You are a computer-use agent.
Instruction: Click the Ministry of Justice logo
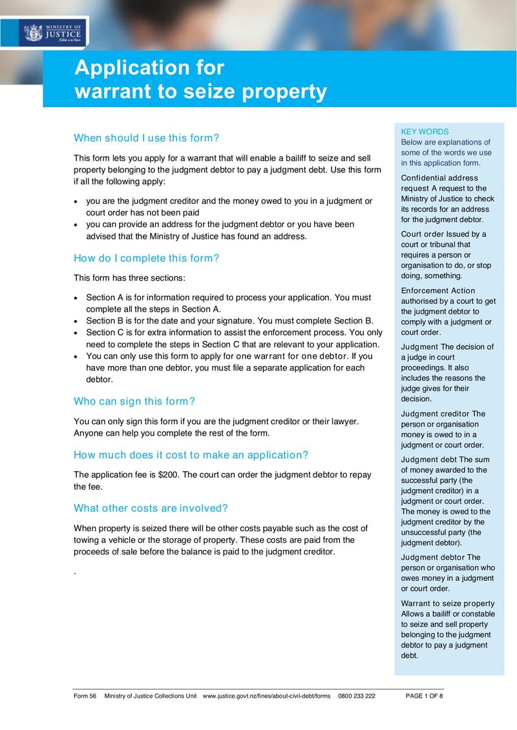(x=53, y=32)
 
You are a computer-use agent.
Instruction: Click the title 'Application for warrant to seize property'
(x=200, y=79)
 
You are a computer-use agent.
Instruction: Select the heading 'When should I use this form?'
(x=147, y=137)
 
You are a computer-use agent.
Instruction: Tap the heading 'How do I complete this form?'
(x=147, y=258)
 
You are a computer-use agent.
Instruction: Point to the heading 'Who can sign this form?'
(x=134, y=401)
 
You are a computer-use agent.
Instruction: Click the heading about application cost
(x=191, y=454)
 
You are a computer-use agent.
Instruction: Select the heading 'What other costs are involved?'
(x=151, y=507)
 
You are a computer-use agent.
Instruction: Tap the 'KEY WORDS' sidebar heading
(x=425, y=131)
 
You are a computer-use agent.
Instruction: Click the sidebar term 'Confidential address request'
(x=439, y=183)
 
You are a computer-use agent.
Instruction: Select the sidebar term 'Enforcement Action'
(x=438, y=290)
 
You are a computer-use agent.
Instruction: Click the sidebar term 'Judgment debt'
(x=428, y=460)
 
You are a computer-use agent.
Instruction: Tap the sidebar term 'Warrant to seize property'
(x=447, y=603)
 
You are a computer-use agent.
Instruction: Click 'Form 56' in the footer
(x=85, y=696)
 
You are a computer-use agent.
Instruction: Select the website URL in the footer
(x=266, y=696)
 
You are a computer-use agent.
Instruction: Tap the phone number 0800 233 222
(x=356, y=696)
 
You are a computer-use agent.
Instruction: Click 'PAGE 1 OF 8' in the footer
(x=424, y=696)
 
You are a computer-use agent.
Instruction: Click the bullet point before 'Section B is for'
(x=77, y=321)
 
